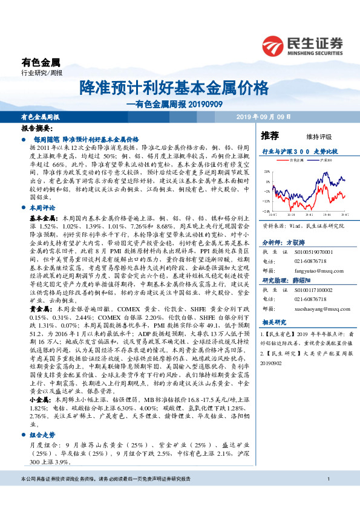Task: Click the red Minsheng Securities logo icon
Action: coord(272,46)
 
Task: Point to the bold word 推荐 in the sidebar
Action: coord(270,135)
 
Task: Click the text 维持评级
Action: coord(310,137)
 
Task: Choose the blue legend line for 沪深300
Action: coord(316,160)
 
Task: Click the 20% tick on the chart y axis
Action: coord(267,172)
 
